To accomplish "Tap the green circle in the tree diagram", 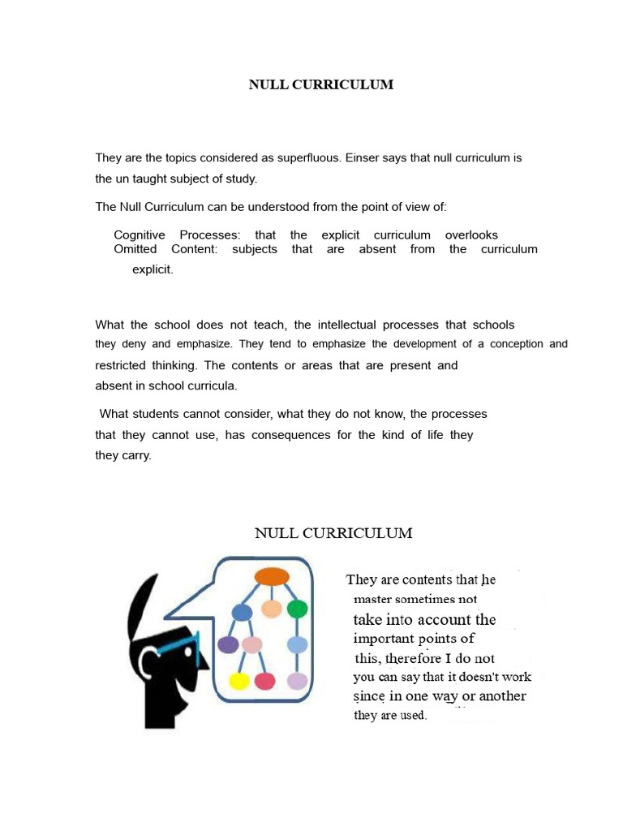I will pyautogui.click(x=297, y=609).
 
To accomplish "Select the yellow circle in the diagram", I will pyautogui.click(x=238, y=680).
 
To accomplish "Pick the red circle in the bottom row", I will pyautogui.click(x=264, y=681).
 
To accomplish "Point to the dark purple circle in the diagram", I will pyautogui.click(x=229, y=645).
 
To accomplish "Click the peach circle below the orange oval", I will pyautogui.click(x=271, y=609).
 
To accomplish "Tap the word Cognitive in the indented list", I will pyautogui.click(x=140, y=235).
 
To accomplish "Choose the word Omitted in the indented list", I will pyautogui.click(x=135, y=249).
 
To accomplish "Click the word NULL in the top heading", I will pyautogui.click(x=265, y=84).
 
